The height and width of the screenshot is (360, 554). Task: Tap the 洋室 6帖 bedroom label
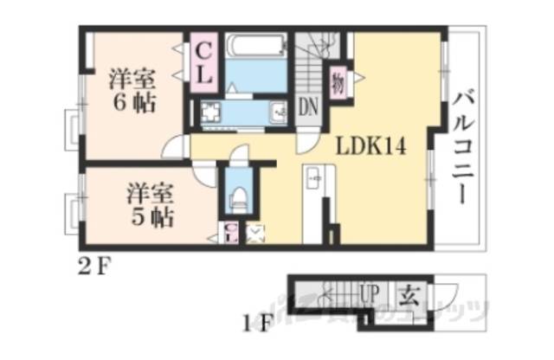(132, 92)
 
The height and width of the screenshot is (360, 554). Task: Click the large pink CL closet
(204, 61)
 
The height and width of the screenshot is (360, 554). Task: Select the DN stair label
(308, 108)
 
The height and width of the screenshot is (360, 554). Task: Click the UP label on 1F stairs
(369, 295)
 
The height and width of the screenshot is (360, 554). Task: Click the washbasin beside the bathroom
(279, 111)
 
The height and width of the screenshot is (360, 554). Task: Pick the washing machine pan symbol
(211, 112)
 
